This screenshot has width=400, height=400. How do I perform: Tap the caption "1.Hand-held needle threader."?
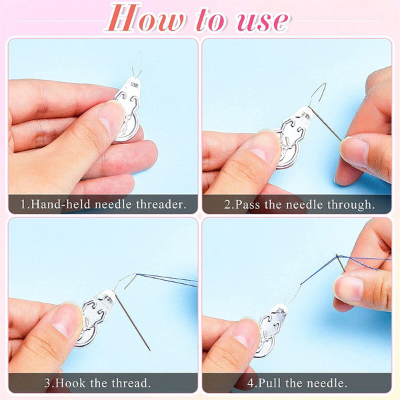pos(102,203)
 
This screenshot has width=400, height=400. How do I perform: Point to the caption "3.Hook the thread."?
pos(102,383)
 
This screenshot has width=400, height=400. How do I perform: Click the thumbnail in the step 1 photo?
pos(110,119)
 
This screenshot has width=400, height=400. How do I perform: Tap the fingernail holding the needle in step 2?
pos(354,150)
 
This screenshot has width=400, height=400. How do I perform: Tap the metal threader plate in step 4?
pos(272,323)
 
